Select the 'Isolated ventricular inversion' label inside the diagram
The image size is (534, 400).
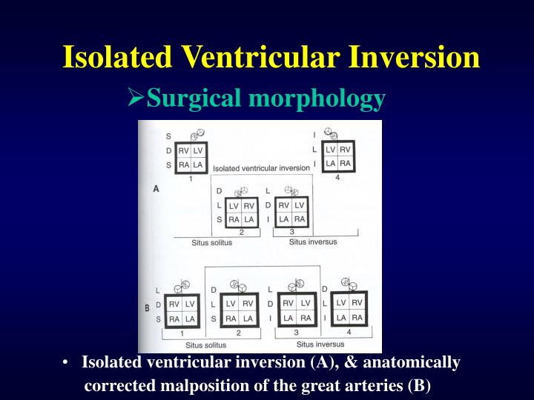[x=256, y=169]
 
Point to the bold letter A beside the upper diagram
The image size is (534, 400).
[x=156, y=189]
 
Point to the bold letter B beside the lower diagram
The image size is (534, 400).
[x=147, y=306]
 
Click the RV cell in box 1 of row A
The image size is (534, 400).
[x=182, y=151]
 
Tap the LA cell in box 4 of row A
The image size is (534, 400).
[x=332, y=163]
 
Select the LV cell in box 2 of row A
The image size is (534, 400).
[x=233, y=205]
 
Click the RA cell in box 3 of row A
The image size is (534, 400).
[x=300, y=219]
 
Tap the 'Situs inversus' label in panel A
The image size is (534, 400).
[x=312, y=241]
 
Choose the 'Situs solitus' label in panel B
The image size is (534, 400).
[x=205, y=344]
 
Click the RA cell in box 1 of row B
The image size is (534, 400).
[x=174, y=319]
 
